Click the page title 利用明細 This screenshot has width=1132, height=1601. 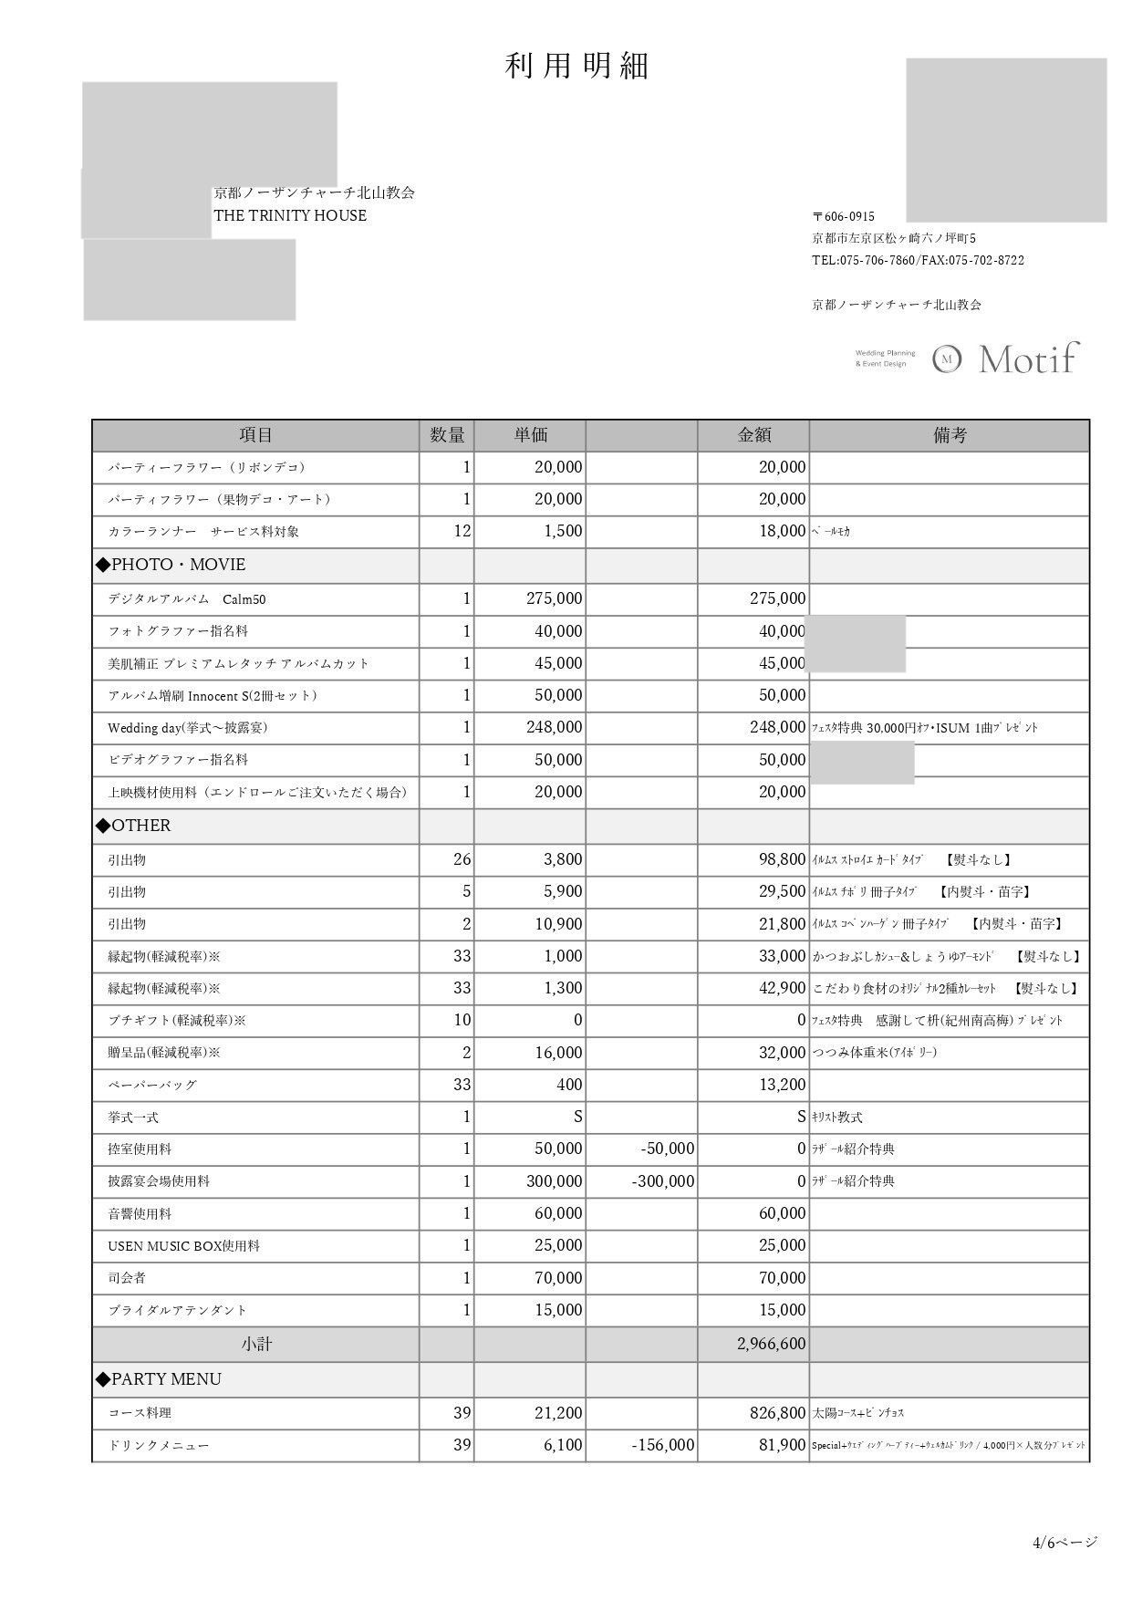[576, 67]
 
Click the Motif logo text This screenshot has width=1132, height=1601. [1028, 359]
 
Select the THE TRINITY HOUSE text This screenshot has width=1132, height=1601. [290, 216]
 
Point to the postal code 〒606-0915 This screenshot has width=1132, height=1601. [844, 217]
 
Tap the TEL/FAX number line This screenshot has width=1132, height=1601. [918, 261]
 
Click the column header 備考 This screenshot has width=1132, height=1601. [949, 436]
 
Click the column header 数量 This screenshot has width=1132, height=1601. [447, 436]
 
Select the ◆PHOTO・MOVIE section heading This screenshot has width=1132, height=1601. [171, 565]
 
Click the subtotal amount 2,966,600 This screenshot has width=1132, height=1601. [771, 1344]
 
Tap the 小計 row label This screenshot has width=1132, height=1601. [256, 1344]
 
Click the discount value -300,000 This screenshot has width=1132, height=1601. [663, 1181]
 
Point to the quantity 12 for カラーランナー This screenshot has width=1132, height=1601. [462, 531]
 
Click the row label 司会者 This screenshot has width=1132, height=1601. [127, 1278]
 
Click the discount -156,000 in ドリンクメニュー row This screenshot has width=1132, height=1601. [663, 1445]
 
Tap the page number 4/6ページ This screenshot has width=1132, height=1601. [1064, 1543]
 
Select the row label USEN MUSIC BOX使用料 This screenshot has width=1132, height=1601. [183, 1246]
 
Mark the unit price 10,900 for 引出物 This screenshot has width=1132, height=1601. [558, 924]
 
